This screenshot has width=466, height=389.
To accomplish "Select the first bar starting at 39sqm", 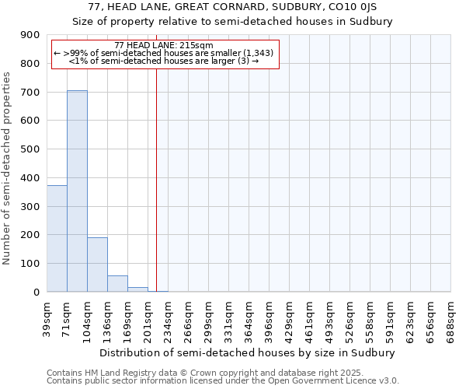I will pos(57,238).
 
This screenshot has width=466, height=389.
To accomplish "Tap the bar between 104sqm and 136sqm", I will pos(97,265).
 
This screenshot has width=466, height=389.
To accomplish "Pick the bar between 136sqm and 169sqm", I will pos(117,283).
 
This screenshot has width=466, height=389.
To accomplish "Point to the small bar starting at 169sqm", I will pos(137,289).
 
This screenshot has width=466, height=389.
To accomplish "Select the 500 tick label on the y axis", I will pos(30,149).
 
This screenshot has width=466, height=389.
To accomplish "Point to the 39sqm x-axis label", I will pos(47,315).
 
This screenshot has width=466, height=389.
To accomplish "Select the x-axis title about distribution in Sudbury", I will pos(249,352).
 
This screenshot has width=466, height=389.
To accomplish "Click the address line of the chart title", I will pos(233,8).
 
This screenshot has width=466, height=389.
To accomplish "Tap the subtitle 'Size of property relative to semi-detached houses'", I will pos(233,22).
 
